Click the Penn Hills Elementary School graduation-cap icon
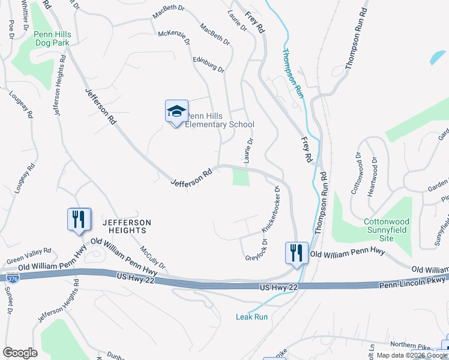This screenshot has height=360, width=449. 176,111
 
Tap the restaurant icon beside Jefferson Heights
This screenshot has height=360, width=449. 79,220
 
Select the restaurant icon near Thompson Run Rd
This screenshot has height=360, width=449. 297,253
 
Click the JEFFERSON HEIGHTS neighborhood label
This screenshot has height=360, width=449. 124,226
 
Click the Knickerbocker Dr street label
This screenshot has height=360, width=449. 270,209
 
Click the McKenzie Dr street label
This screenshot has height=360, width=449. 173,37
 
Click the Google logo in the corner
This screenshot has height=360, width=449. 20,353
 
